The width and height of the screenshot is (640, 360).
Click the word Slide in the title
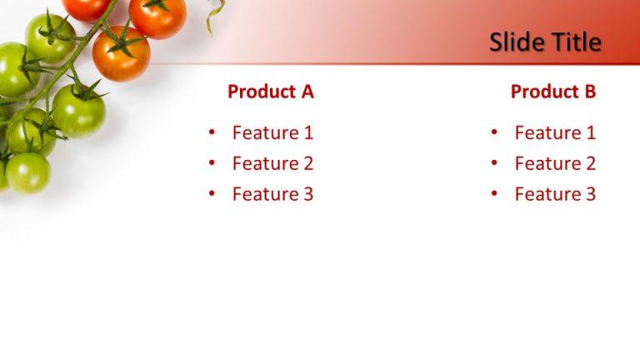(514, 42)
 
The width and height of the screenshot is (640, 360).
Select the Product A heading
(271, 92)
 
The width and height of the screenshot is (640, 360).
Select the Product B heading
(553, 92)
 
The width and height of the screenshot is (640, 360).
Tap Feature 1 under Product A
(272, 132)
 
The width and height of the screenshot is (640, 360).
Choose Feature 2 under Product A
(272, 163)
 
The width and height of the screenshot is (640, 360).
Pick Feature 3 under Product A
(272, 194)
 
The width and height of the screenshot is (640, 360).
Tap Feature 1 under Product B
(555, 132)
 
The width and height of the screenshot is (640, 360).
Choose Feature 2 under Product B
(555, 163)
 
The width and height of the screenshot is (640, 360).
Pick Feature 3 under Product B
(555, 194)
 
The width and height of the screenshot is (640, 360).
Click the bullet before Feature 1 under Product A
(212, 132)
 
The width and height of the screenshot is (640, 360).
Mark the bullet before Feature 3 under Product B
(494, 194)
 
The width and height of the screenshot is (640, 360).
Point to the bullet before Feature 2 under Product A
(212, 163)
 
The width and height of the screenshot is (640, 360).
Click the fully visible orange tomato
(121, 54)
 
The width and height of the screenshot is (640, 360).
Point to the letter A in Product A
(307, 92)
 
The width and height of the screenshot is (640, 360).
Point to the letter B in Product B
(590, 92)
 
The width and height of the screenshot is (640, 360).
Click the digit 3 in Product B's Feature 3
(591, 194)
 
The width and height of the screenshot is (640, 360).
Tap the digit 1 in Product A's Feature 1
(308, 132)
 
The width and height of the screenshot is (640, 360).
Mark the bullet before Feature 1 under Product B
(494, 132)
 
